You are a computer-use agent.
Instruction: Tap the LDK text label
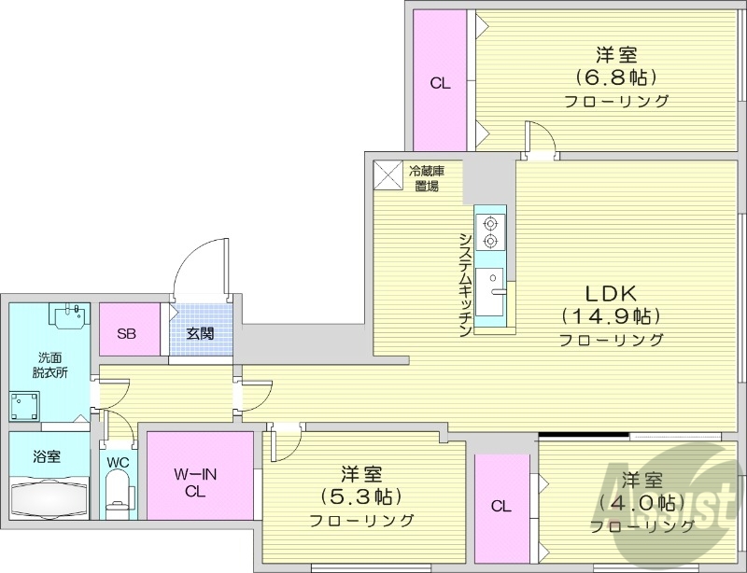coord(611,288)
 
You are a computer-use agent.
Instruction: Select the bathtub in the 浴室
coord(49,498)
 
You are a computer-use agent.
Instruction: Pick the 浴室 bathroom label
coord(47,457)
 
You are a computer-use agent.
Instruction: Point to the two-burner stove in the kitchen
coord(490,231)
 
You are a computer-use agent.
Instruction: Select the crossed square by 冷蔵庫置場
coord(386,175)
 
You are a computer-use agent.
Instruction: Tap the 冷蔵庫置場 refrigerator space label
coord(427,177)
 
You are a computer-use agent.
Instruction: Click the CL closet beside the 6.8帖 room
coord(440,83)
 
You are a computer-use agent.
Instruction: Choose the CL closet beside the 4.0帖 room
coord(501,506)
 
